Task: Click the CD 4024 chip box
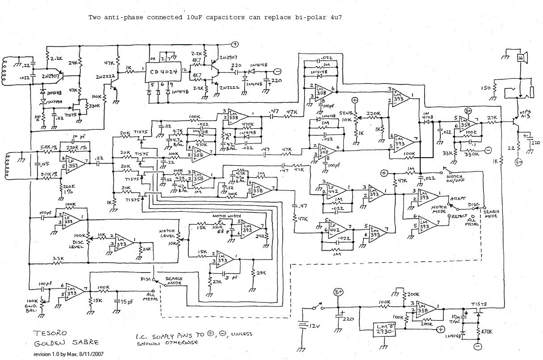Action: pyautogui.click(x=163, y=70)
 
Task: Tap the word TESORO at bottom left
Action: pyautogui.click(x=47, y=333)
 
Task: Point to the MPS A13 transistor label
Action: pyautogui.click(x=526, y=113)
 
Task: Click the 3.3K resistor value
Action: pyautogui.click(x=57, y=259)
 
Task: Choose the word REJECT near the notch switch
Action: pyautogui.click(x=460, y=216)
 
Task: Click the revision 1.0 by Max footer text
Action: pyautogui.click(x=71, y=354)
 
